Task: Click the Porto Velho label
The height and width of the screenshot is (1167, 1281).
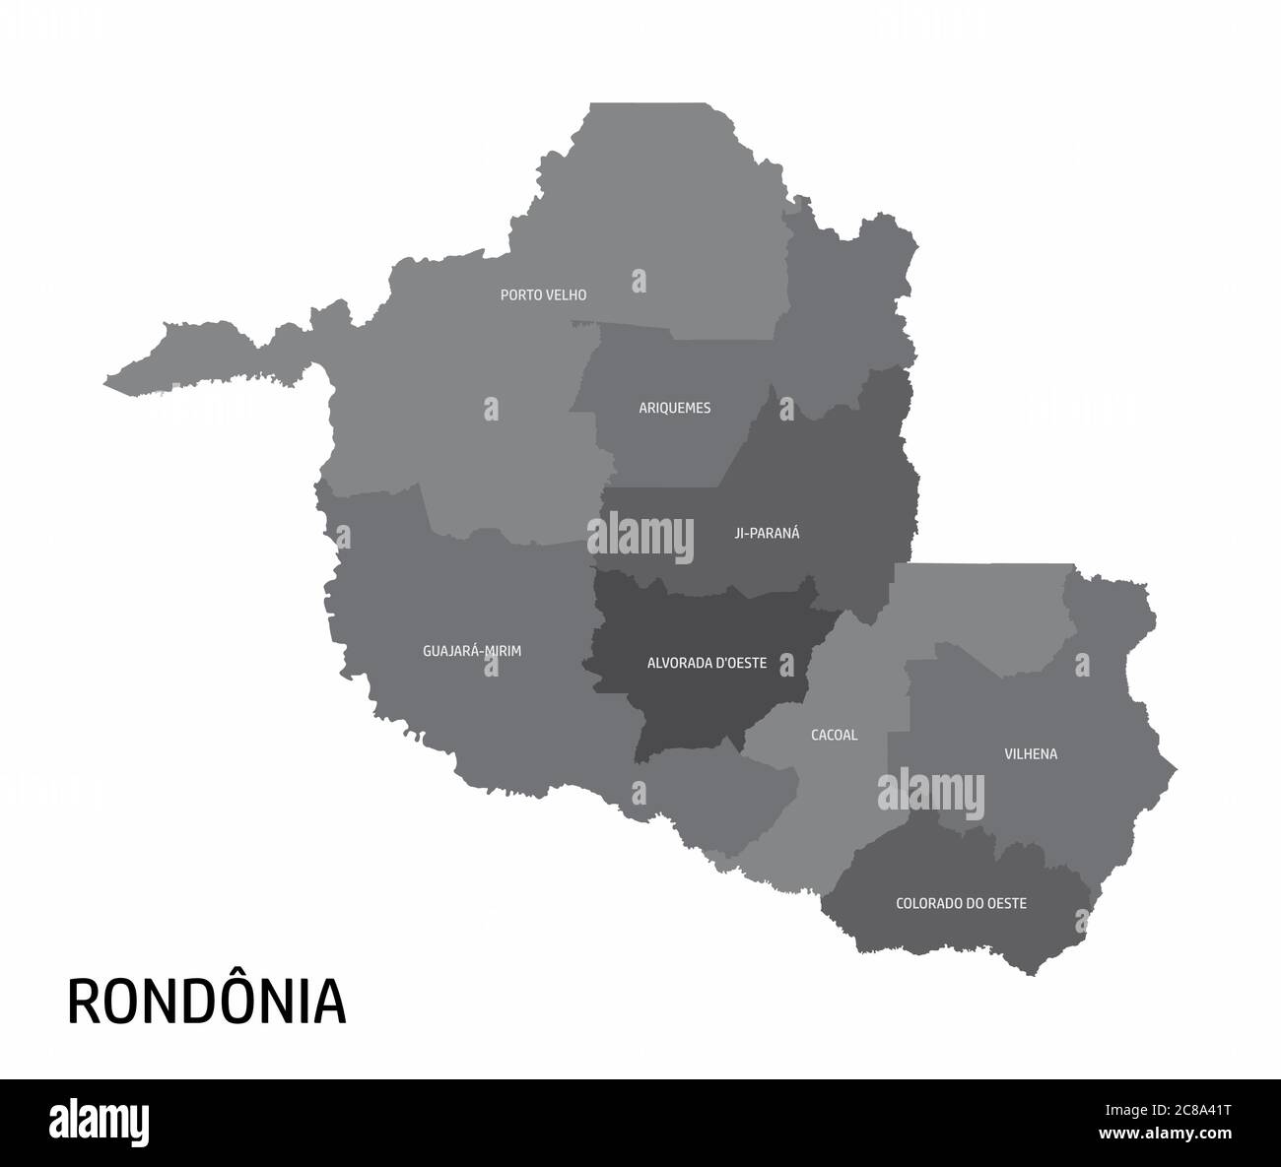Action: (x=543, y=294)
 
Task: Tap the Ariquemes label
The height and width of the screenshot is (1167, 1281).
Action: (x=674, y=408)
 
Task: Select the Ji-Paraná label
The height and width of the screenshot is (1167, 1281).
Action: (x=767, y=533)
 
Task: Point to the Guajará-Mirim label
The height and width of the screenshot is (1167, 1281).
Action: (x=471, y=651)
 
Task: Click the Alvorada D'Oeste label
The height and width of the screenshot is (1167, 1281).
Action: (x=707, y=663)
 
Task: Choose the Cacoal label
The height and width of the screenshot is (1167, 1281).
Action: (x=834, y=735)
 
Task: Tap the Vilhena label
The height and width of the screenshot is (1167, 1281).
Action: (x=1031, y=754)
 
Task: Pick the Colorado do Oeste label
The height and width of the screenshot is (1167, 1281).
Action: (x=961, y=902)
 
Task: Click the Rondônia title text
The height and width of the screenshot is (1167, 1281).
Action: (x=207, y=1001)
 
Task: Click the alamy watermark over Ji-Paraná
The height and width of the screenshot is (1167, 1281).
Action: (x=640, y=534)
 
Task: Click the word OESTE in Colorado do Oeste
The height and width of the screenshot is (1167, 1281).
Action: (x=1005, y=902)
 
